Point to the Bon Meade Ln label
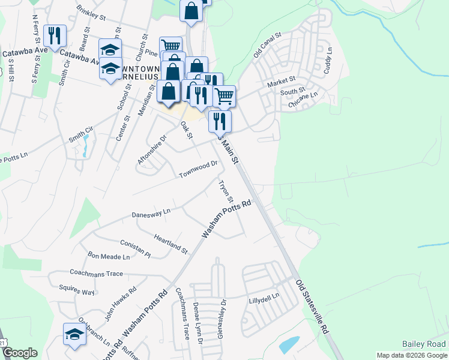pyautogui.click(x=109, y=257)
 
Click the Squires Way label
pyautogui.click(x=80, y=292)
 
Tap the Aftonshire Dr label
pyautogui.click(x=151, y=149)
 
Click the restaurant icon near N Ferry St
pyautogui.click(x=55, y=34)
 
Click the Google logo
pyautogui.click(x=20, y=353)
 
